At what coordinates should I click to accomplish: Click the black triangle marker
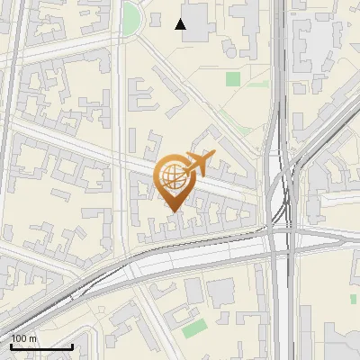pos(182,24)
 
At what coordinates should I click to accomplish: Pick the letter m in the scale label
pos(33,338)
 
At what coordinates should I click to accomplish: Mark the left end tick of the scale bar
pos(11,345)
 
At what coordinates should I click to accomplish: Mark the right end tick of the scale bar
pos(72,345)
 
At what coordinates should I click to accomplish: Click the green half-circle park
pos(131,17)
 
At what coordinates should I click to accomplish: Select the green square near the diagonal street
pos(233,79)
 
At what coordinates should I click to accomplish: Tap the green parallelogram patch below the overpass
pos(193,328)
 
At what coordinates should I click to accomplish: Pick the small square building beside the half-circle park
pos(155,17)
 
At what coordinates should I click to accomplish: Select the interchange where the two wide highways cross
pos(282,236)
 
